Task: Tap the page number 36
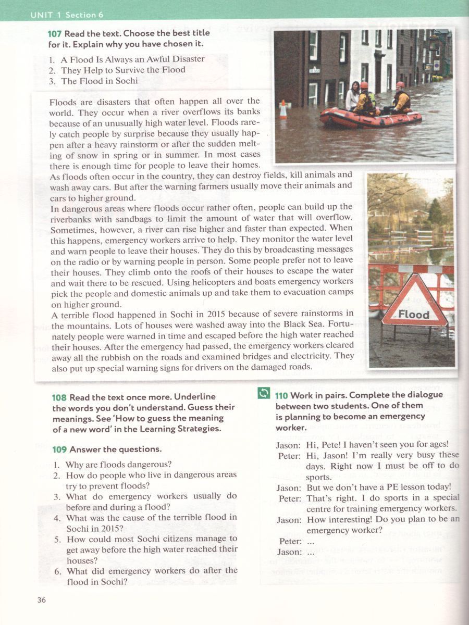coord(42,600)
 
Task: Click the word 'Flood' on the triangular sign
coord(414,314)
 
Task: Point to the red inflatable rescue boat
coord(370,117)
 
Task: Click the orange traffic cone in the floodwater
coord(283,110)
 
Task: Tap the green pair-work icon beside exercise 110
coord(264,394)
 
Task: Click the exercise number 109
coord(60,449)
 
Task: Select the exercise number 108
coord(60,397)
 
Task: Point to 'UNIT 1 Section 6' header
coord(63,15)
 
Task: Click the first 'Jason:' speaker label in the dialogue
coord(288,444)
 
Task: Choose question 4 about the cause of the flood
coord(151,522)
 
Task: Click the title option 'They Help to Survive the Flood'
coord(122,70)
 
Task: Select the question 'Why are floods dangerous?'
coord(118,464)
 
